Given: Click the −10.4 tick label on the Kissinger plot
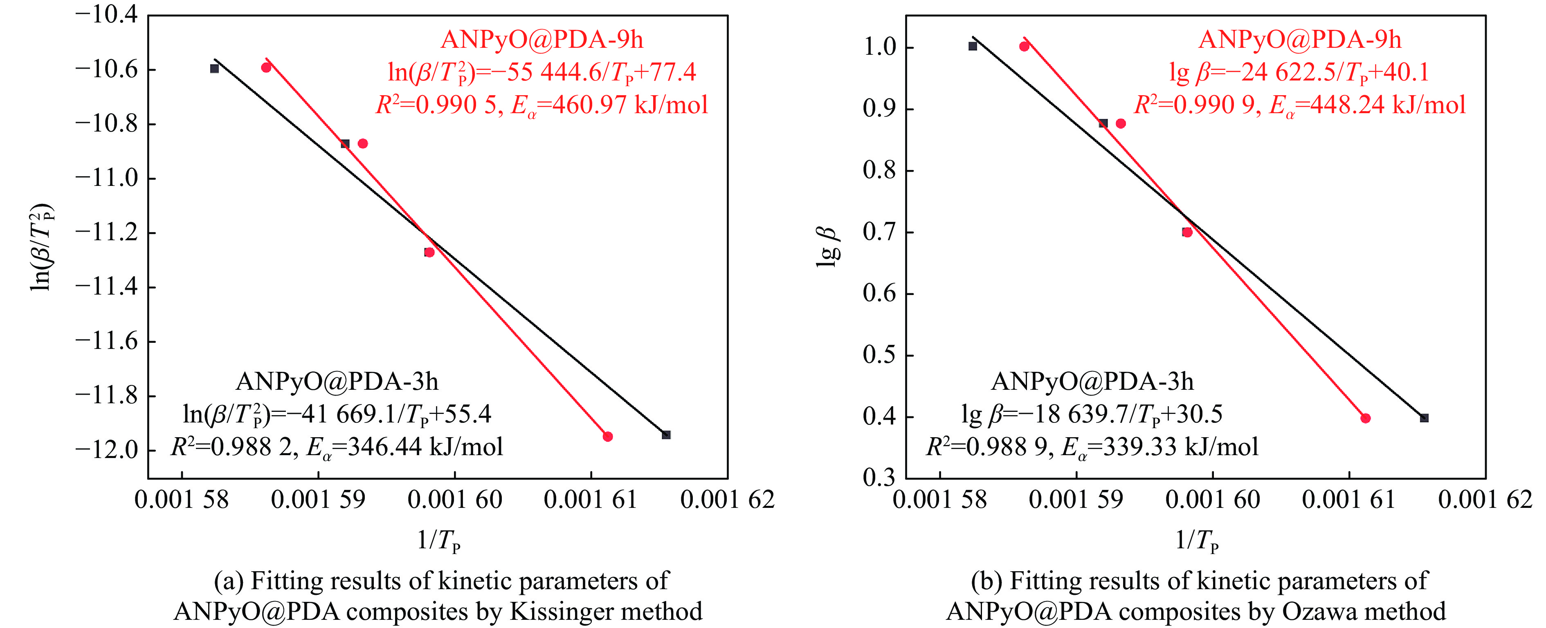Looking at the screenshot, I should click(106, 14).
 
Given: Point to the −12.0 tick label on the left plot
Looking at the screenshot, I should click(106, 450).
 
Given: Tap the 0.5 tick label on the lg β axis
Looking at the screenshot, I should click(879, 355).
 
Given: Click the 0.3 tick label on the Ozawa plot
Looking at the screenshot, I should click(879, 478).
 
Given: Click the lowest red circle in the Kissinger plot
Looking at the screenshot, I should click(607, 436).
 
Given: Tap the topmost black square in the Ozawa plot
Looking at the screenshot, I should click(973, 46).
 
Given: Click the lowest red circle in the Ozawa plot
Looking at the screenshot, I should click(1365, 418).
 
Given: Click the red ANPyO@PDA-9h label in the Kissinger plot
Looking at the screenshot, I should click(542, 40).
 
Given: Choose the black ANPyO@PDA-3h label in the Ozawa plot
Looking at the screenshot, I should click(1092, 382).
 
